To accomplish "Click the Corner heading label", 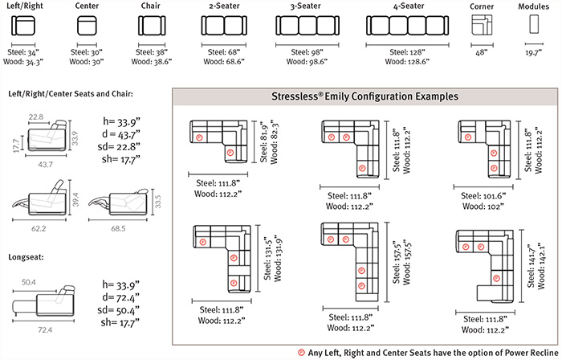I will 484,7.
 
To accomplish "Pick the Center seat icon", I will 87,27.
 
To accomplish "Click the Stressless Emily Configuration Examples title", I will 365,96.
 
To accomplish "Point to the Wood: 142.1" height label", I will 547,260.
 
